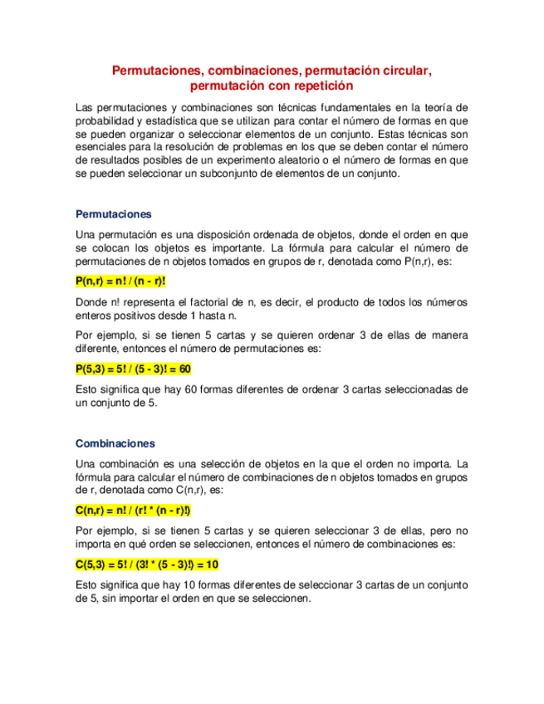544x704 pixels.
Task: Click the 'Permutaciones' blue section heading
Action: click(x=113, y=213)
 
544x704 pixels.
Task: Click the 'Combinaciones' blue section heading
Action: click(x=115, y=443)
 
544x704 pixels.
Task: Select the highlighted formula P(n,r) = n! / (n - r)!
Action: click(x=120, y=281)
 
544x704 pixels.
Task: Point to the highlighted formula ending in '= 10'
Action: click(x=146, y=565)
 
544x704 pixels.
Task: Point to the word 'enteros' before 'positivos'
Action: click(x=94, y=315)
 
